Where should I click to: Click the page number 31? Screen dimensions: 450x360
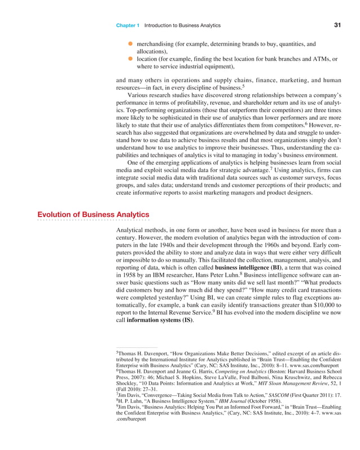pos(337,25)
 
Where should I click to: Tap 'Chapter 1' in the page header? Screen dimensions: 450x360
pos(128,26)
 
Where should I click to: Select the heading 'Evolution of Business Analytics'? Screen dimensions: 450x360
pos(93,215)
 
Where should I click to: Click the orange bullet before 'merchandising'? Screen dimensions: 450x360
pos(130,43)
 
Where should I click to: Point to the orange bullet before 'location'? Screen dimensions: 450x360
pos(130,59)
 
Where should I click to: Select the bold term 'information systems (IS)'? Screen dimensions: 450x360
pos(160,320)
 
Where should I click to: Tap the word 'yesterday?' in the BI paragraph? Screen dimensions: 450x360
pos(179,294)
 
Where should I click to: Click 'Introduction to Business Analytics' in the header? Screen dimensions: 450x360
pos(182,26)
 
